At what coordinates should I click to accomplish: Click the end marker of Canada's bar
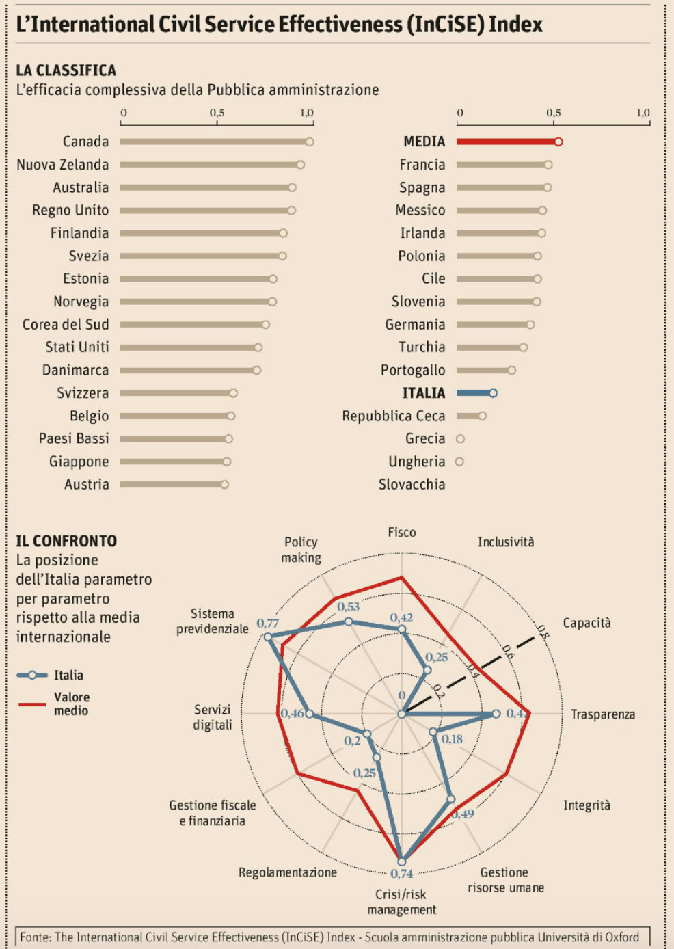coord(310,142)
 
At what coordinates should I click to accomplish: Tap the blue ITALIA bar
coord(474,393)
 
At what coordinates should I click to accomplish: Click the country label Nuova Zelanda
coord(63,165)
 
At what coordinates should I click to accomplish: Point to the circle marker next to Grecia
coord(460,439)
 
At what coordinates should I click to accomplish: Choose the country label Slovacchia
coord(412,485)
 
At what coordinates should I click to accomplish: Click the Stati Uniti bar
coord(189,347)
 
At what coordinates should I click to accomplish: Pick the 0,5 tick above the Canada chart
coord(217,113)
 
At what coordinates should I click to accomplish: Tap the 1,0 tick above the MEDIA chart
coord(643,113)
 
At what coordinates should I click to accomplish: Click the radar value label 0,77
coord(267,623)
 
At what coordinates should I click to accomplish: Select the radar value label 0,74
coord(402,874)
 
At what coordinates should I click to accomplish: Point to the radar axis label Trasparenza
coord(602,714)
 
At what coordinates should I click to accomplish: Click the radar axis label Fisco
coord(402,532)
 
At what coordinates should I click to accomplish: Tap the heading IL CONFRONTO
coord(66,541)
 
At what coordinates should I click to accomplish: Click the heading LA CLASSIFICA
coord(66,70)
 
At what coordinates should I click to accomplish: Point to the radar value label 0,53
coord(348,606)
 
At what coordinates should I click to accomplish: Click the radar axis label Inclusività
coord(506,542)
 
